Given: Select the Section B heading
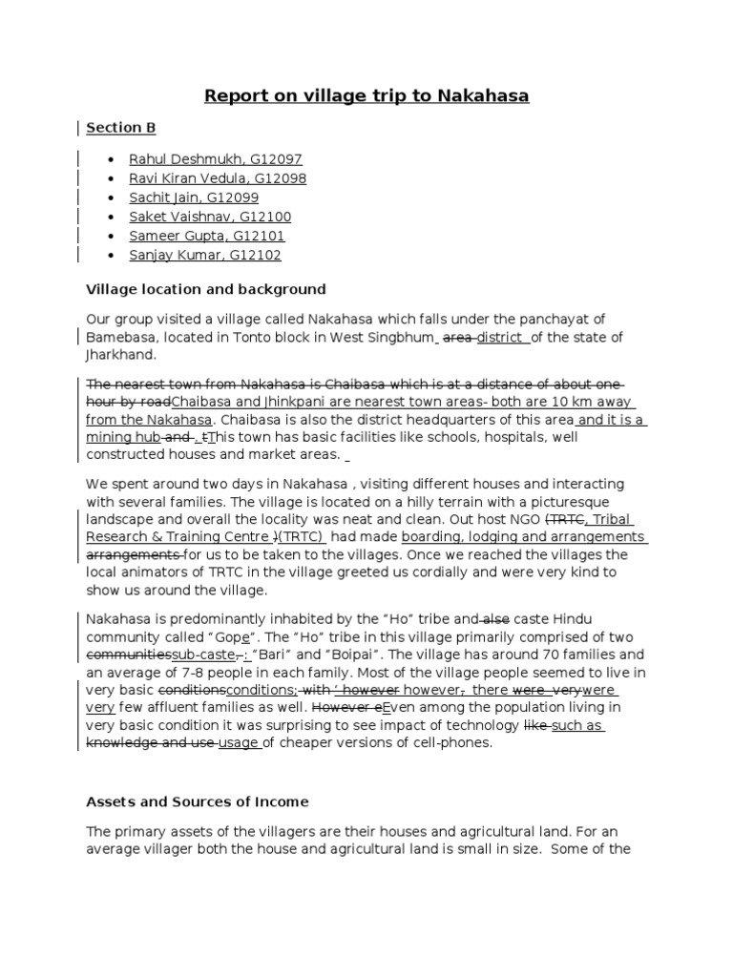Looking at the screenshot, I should [120, 128].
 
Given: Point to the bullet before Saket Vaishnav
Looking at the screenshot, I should [113, 218].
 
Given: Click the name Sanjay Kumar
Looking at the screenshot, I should [169, 255].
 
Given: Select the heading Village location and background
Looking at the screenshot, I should [205, 289].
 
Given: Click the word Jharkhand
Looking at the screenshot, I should [119, 354].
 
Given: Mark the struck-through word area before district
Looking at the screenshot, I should [458, 337].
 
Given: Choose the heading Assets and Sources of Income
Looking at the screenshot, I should [197, 802].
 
